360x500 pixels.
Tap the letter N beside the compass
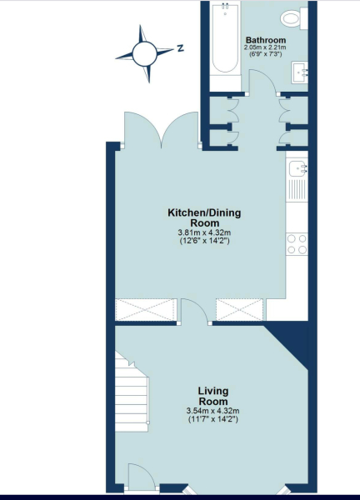[x=180, y=49]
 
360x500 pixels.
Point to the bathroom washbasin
[x=301, y=72]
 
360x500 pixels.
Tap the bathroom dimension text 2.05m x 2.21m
[x=264, y=47]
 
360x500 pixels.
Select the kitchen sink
[x=298, y=173]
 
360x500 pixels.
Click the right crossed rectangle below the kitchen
[x=240, y=309]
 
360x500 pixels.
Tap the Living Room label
[x=214, y=396]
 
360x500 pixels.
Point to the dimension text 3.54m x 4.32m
[x=214, y=411]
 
